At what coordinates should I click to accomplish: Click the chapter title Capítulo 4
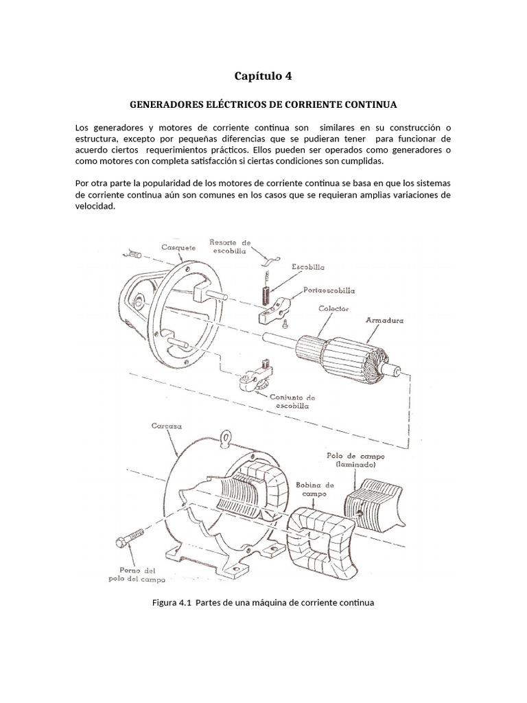pos(263,76)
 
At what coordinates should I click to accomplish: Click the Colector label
pos(334,310)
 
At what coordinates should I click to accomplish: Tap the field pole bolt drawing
pos(130,537)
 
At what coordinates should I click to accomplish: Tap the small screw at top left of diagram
pos(132,255)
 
